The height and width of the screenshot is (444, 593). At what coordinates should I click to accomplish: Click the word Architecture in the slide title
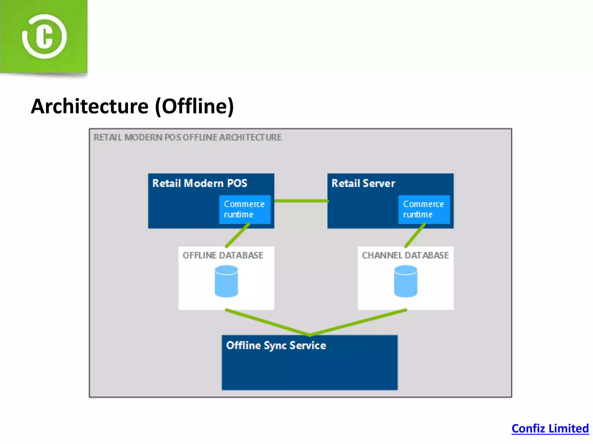[90, 106]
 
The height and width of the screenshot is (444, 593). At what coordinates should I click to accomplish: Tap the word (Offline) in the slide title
[195, 106]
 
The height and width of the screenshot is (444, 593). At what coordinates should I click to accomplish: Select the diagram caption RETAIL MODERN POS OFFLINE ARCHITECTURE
[187, 137]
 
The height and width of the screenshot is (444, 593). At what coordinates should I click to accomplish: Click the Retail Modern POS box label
[200, 183]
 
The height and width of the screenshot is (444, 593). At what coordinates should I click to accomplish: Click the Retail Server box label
[363, 183]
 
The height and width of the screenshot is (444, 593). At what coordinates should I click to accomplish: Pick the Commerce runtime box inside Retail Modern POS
[245, 209]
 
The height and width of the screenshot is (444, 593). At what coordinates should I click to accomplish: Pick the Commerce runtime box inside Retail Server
[424, 209]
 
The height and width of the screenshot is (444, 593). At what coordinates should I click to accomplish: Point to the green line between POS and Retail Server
[301, 201]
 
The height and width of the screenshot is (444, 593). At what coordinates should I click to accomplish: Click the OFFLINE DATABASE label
[223, 255]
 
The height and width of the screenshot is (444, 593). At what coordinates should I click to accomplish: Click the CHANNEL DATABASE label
[405, 255]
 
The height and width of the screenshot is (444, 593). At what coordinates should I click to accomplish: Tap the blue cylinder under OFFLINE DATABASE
[226, 282]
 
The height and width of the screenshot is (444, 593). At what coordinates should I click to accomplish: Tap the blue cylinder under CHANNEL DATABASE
[406, 282]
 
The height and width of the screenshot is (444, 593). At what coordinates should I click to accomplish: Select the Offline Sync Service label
[276, 345]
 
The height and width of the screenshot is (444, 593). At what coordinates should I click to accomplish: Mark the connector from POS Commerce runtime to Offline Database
[237, 235]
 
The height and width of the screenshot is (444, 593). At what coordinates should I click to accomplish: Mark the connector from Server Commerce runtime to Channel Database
[415, 235]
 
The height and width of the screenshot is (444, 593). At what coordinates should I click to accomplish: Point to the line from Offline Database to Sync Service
[268, 323]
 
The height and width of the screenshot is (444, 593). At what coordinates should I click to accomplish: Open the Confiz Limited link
[550, 428]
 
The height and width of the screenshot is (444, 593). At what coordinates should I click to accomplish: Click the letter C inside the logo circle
[44, 37]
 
